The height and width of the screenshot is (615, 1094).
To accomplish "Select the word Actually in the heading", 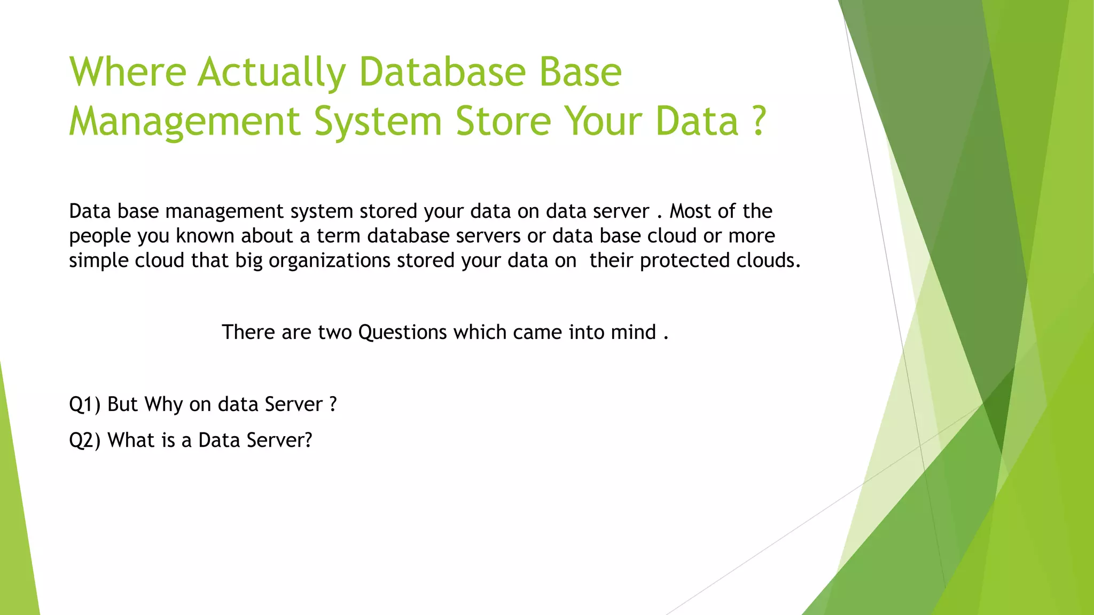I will pos(272,73).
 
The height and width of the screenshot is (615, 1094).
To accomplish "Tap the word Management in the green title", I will pos(185,122).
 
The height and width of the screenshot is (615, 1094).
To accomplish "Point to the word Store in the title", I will pos(503,121).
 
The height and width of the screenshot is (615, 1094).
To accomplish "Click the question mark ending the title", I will pos(759,121).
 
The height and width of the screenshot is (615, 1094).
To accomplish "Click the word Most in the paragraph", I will pos(692,211).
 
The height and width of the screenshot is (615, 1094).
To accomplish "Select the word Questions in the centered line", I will pos(402,333).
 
